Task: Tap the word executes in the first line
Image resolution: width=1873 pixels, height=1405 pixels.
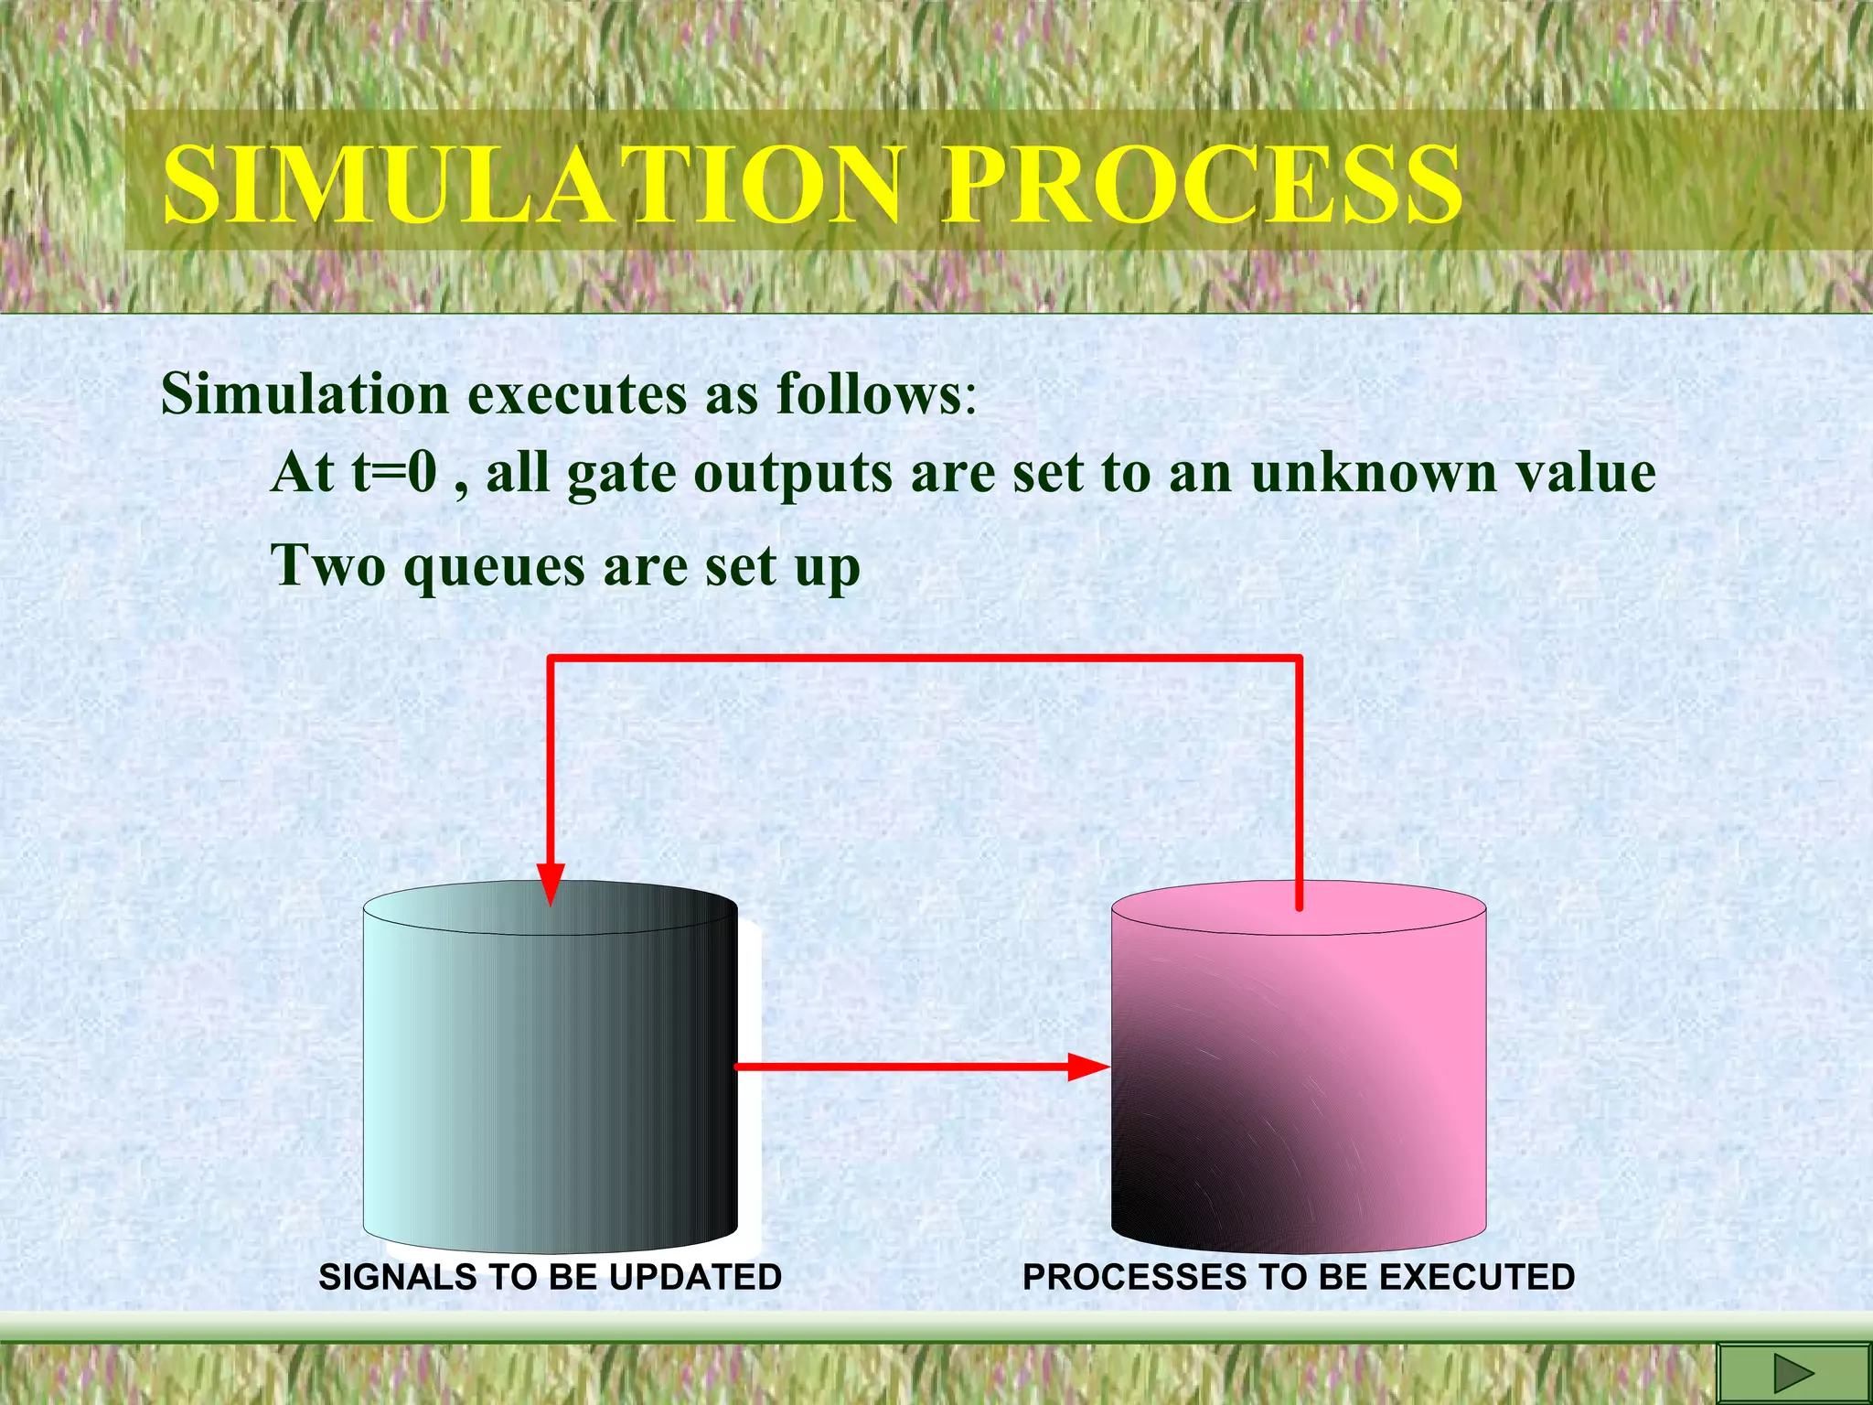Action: pyautogui.click(x=577, y=395)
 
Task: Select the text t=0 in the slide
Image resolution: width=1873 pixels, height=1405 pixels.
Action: pyautogui.click(x=394, y=474)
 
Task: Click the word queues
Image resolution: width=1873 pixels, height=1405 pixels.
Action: pyautogui.click(x=495, y=567)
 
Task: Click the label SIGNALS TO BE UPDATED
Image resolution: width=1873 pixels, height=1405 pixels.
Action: pyautogui.click(x=550, y=1277)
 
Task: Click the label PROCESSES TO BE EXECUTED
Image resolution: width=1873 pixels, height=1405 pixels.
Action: pyautogui.click(x=1298, y=1277)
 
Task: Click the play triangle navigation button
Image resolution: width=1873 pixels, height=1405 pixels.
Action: pyautogui.click(x=1793, y=1374)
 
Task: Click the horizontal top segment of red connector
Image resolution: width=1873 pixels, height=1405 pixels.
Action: pyautogui.click(x=924, y=658)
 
